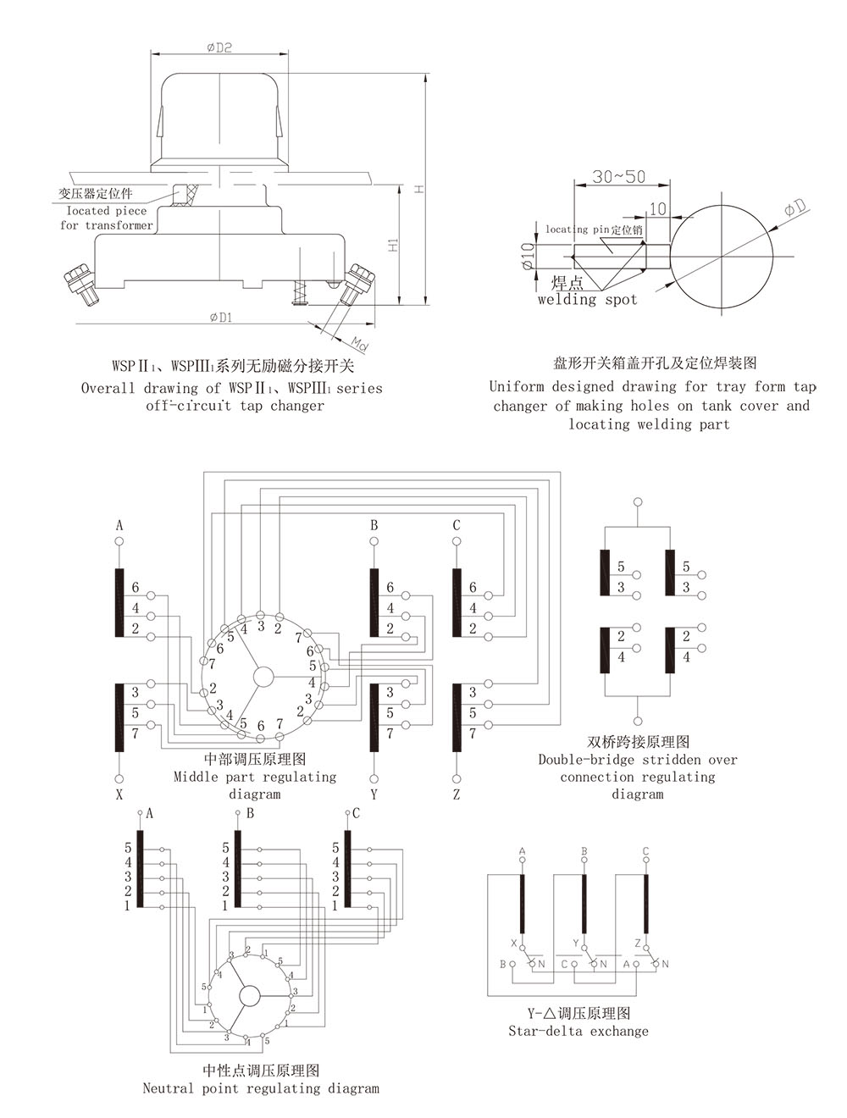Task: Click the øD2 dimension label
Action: click(219, 48)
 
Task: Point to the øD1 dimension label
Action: click(220, 318)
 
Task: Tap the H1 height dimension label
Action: click(393, 245)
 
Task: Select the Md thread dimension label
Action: click(360, 342)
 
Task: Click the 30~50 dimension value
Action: click(618, 177)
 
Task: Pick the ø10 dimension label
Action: click(528, 255)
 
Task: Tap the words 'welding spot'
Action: click(587, 299)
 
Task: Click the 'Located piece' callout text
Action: click(107, 211)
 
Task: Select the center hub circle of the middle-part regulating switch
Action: click(263, 676)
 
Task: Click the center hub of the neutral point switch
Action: click(249, 995)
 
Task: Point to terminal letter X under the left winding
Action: click(119, 794)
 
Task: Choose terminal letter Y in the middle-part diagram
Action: click(374, 794)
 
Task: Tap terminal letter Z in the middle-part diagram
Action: click(457, 794)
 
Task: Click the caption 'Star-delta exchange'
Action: click(579, 1031)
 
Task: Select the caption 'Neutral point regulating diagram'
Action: click(261, 1088)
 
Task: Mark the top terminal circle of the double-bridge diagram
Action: click(637, 502)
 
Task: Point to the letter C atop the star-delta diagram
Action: click(645, 851)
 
